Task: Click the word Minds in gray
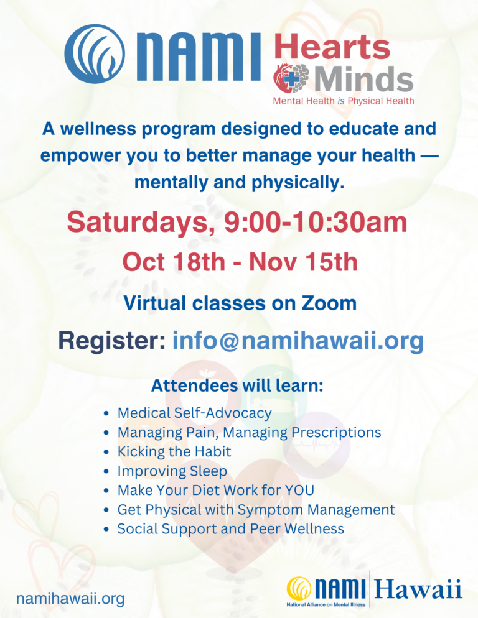[x=363, y=78]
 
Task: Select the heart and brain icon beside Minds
[x=292, y=78]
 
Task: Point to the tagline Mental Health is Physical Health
[x=344, y=101]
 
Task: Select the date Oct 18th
[x=174, y=262]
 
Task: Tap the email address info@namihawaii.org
[x=298, y=341]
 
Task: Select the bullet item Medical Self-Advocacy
[x=194, y=413]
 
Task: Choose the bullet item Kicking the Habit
[x=174, y=451]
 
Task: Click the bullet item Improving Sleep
[x=172, y=471]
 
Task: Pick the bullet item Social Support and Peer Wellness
[x=230, y=528]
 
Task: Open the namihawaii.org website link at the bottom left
[x=70, y=599]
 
